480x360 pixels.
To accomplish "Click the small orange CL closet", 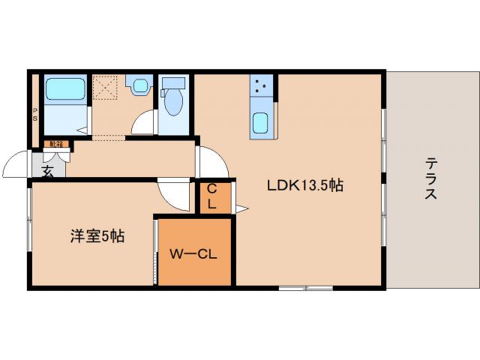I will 211,196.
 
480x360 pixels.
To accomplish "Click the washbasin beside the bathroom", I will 138,85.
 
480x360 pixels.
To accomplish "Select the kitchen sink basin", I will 261,122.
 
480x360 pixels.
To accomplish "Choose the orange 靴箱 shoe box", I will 57,143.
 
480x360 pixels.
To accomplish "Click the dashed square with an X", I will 106,88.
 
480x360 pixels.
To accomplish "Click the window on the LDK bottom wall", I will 305,288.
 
